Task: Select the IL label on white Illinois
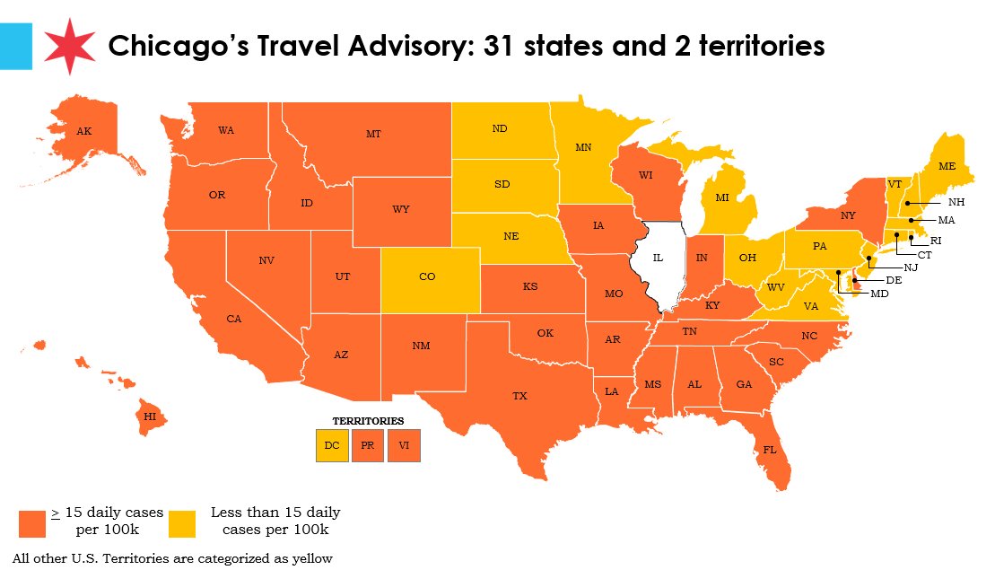pos(658,258)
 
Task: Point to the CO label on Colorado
pos(427,276)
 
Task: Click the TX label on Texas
pos(519,396)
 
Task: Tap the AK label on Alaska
pos(83,132)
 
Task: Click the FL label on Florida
pos(770,450)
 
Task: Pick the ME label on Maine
pos(947,167)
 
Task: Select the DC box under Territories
pos(332,445)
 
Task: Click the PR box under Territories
pos(368,445)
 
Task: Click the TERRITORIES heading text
pos(368,420)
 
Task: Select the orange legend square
pos(33,522)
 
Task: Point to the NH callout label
pos(956,202)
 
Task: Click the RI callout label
pos(936,241)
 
